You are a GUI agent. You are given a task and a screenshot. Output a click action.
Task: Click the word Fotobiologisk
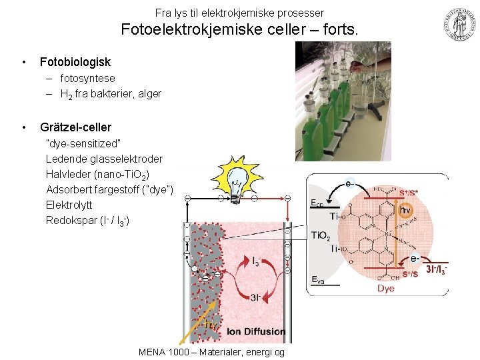pos(75,62)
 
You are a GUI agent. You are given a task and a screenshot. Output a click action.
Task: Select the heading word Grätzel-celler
pos(75,127)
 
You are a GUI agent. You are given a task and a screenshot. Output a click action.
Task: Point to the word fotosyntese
pos(87,79)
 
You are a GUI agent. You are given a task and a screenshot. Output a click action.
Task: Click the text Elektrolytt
pos(69,205)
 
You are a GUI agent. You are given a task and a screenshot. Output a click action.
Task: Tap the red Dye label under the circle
pos(385,289)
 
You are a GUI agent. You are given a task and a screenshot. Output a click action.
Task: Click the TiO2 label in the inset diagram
pos(320,235)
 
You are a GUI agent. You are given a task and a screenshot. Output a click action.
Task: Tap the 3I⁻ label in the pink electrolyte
pos(256,297)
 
